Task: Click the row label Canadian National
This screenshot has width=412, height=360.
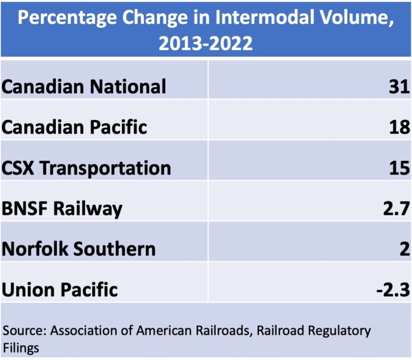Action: click(x=84, y=86)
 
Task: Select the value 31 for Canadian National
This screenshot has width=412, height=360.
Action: click(x=399, y=86)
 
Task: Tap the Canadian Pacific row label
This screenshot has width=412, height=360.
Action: click(x=74, y=127)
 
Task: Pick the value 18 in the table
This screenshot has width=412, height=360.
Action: click(x=399, y=127)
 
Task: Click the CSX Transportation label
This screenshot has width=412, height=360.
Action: click(x=86, y=168)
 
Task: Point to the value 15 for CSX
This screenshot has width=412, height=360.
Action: click(x=399, y=168)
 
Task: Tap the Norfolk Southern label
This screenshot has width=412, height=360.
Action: click(x=78, y=249)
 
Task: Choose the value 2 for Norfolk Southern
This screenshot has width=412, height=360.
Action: click(x=405, y=249)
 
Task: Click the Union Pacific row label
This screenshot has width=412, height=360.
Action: click(x=60, y=290)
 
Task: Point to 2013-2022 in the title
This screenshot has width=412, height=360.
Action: click(x=206, y=43)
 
